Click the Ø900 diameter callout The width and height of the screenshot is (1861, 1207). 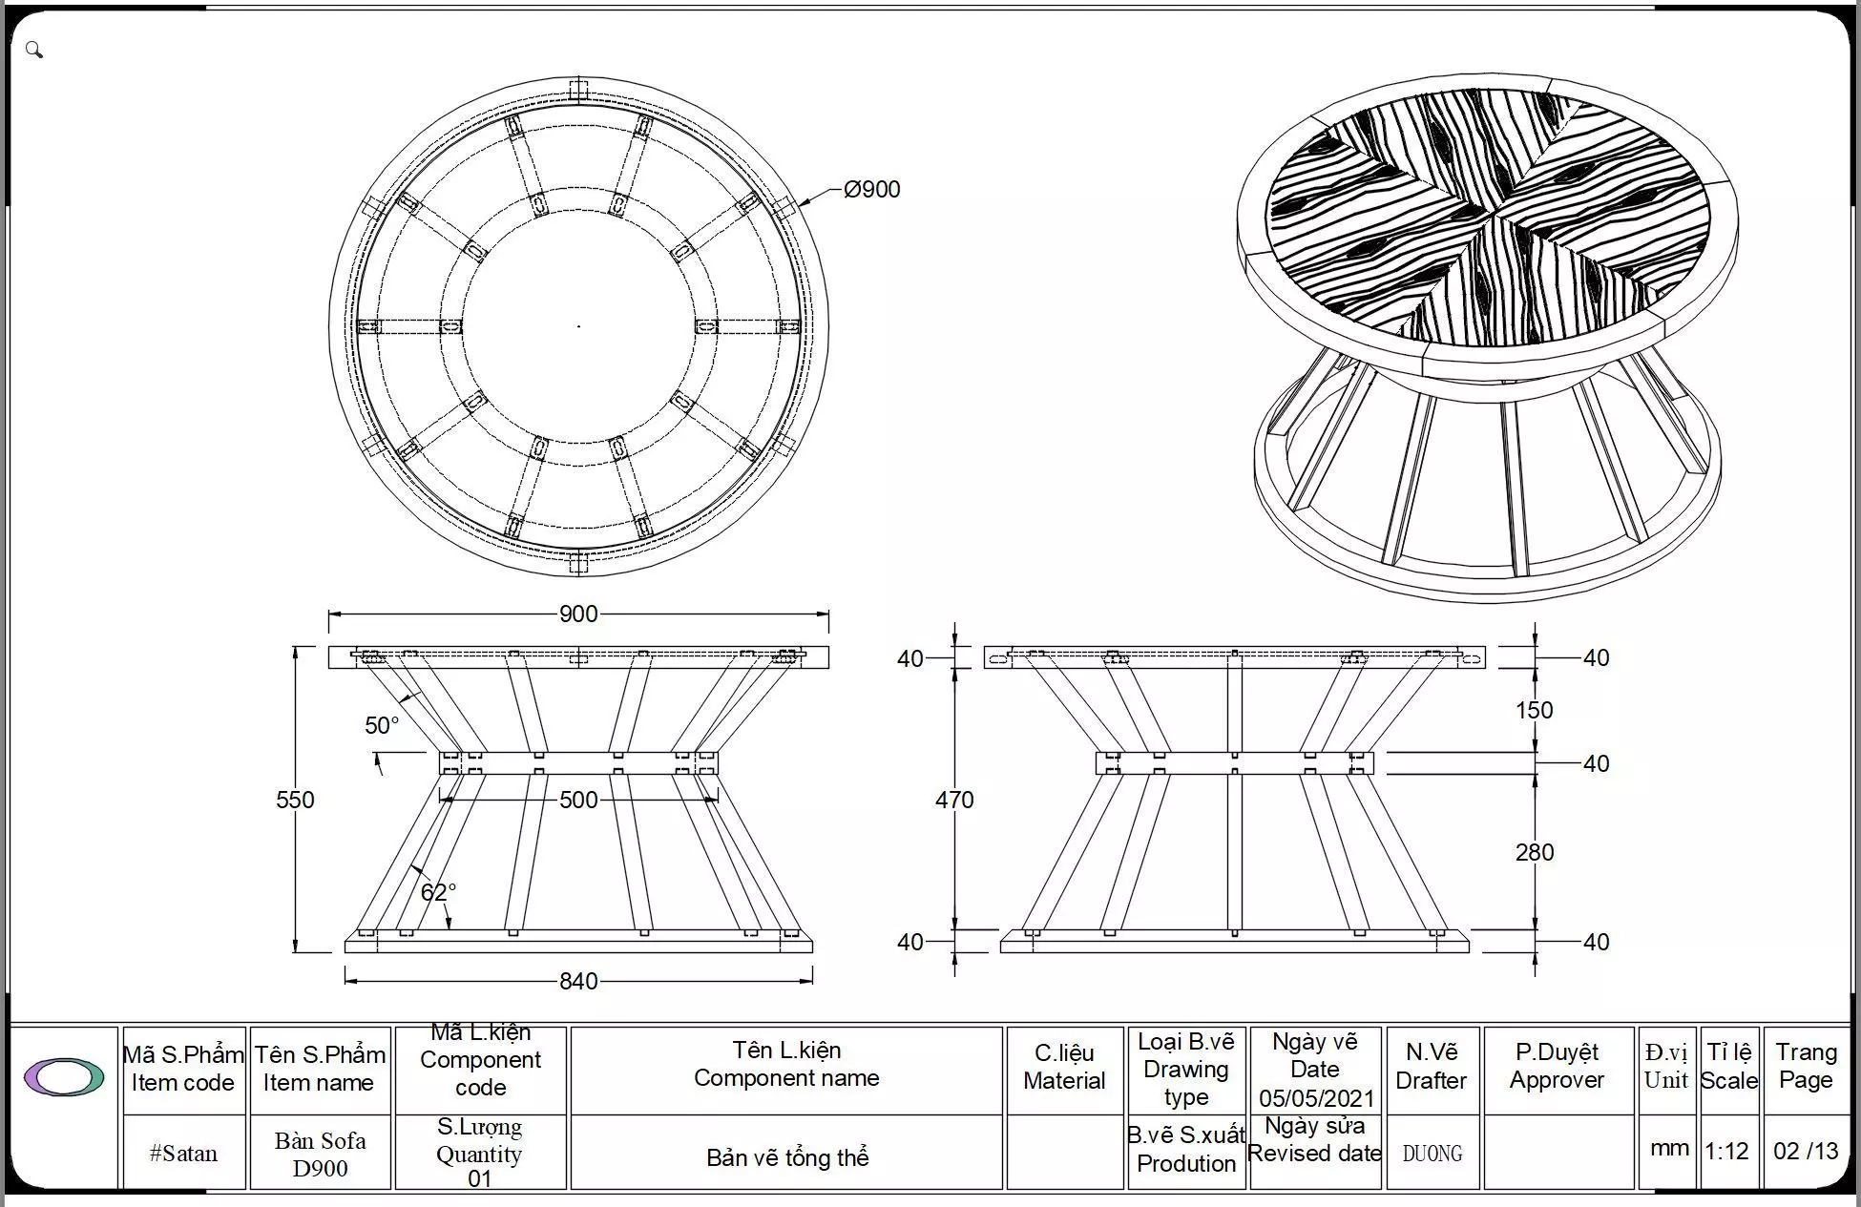point(871,189)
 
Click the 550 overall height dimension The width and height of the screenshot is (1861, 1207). point(295,800)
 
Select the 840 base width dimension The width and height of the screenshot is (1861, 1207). point(578,981)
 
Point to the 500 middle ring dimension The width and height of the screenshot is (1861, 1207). point(578,800)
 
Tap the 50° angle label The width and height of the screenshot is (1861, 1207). point(382,725)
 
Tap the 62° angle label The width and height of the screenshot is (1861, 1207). point(438,892)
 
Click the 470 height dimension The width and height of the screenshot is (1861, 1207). point(954,800)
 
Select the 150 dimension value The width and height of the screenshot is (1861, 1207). point(1534,710)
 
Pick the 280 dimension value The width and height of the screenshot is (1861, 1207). point(1534,852)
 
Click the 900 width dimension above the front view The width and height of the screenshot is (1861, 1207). point(578,614)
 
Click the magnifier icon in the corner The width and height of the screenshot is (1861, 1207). point(34,50)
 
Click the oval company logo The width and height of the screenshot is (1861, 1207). point(64,1076)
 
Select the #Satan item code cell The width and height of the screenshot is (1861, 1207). point(183,1153)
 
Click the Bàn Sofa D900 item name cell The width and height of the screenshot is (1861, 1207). point(320,1154)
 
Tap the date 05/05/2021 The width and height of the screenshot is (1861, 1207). point(1316,1097)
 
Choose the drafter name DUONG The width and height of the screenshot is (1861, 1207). point(1432,1154)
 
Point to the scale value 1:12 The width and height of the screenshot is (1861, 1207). point(1726,1151)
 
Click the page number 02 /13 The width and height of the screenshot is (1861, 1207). point(1806,1151)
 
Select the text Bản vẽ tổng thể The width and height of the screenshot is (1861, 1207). point(787,1157)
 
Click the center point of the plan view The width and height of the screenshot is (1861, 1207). point(578,326)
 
